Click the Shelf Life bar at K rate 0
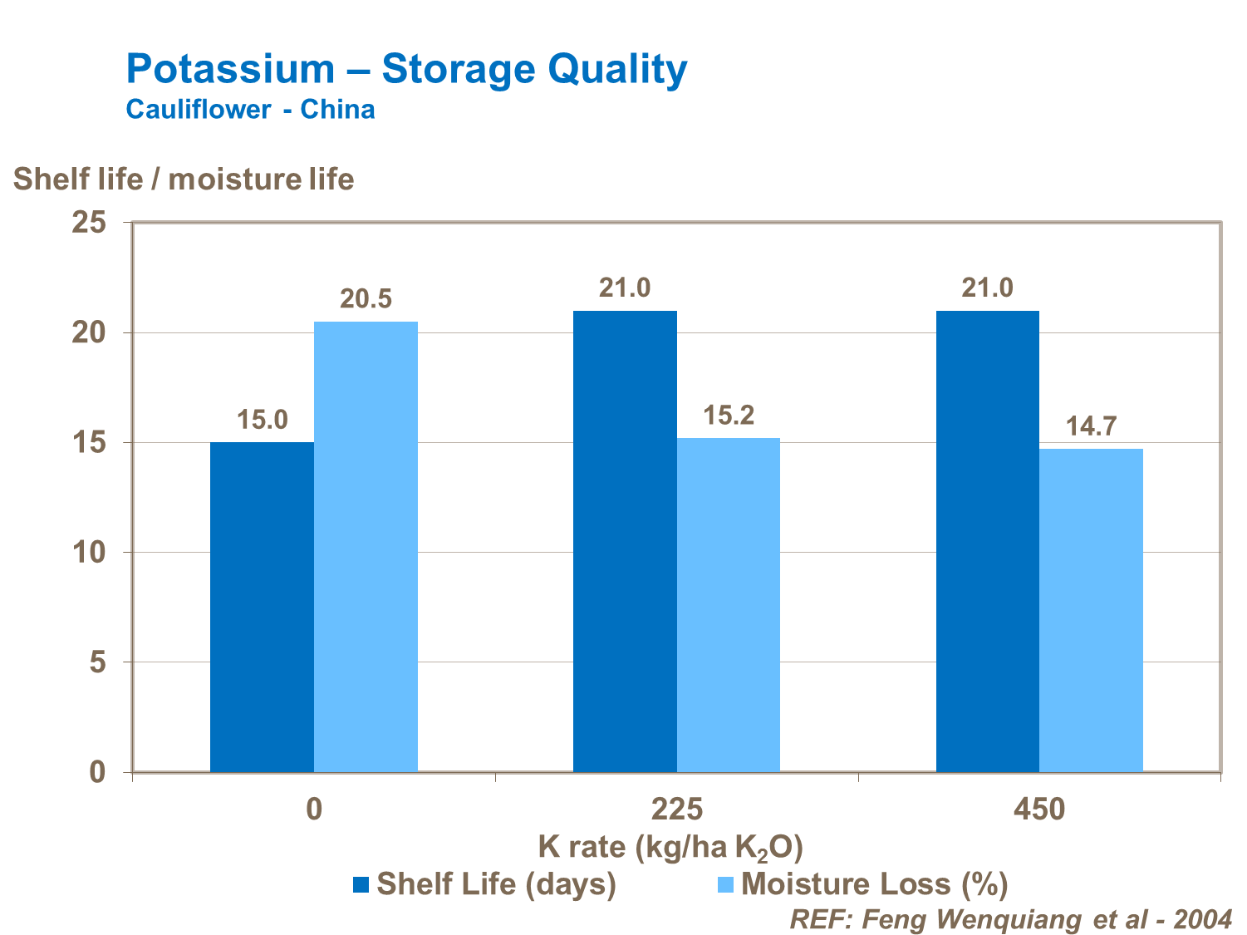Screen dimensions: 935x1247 (262, 607)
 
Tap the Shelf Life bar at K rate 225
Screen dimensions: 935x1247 (625, 541)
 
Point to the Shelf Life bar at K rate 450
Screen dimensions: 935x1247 (988, 541)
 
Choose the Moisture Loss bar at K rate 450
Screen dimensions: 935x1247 (1091, 610)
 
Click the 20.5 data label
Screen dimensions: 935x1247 (366, 299)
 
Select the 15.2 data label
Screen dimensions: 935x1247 (729, 416)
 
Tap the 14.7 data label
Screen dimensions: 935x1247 (1091, 426)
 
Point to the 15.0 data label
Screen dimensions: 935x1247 (262, 420)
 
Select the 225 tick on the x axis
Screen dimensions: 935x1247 (677, 809)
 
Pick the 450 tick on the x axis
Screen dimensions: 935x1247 (1039, 809)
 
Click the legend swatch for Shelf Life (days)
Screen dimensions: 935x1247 (361, 884)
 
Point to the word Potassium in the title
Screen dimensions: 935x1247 (230, 69)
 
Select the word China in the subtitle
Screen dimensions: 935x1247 (337, 110)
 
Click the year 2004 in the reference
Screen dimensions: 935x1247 (1202, 919)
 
